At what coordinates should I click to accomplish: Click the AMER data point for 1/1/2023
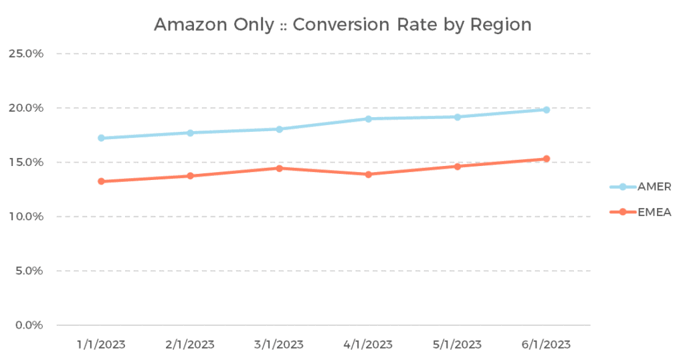coord(101,138)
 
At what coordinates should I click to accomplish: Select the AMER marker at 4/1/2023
coord(368,118)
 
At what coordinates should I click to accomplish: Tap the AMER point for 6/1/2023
coord(546,110)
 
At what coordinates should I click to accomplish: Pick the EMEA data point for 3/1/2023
coord(279,168)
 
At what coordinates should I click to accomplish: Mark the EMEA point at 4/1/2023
coord(368,174)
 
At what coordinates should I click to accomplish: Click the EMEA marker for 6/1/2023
coord(546,159)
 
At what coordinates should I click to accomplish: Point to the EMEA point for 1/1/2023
coord(101,181)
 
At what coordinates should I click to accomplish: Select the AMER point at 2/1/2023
coord(190,132)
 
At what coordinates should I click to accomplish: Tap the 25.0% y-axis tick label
coord(26,54)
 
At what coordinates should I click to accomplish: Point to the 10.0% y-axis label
coord(26,217)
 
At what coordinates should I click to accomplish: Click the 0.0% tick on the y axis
coord(29,325)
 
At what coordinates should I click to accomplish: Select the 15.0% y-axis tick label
coord(26,162)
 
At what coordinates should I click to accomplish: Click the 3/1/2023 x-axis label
coord(279,345)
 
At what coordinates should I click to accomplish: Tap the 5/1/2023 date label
coord(457,345)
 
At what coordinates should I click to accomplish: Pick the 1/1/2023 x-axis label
coord(101,345)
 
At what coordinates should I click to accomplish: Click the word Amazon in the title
coord(187,25)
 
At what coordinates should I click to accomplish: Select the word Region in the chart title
coord(500,25)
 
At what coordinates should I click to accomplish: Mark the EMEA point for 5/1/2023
coord(457,166)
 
